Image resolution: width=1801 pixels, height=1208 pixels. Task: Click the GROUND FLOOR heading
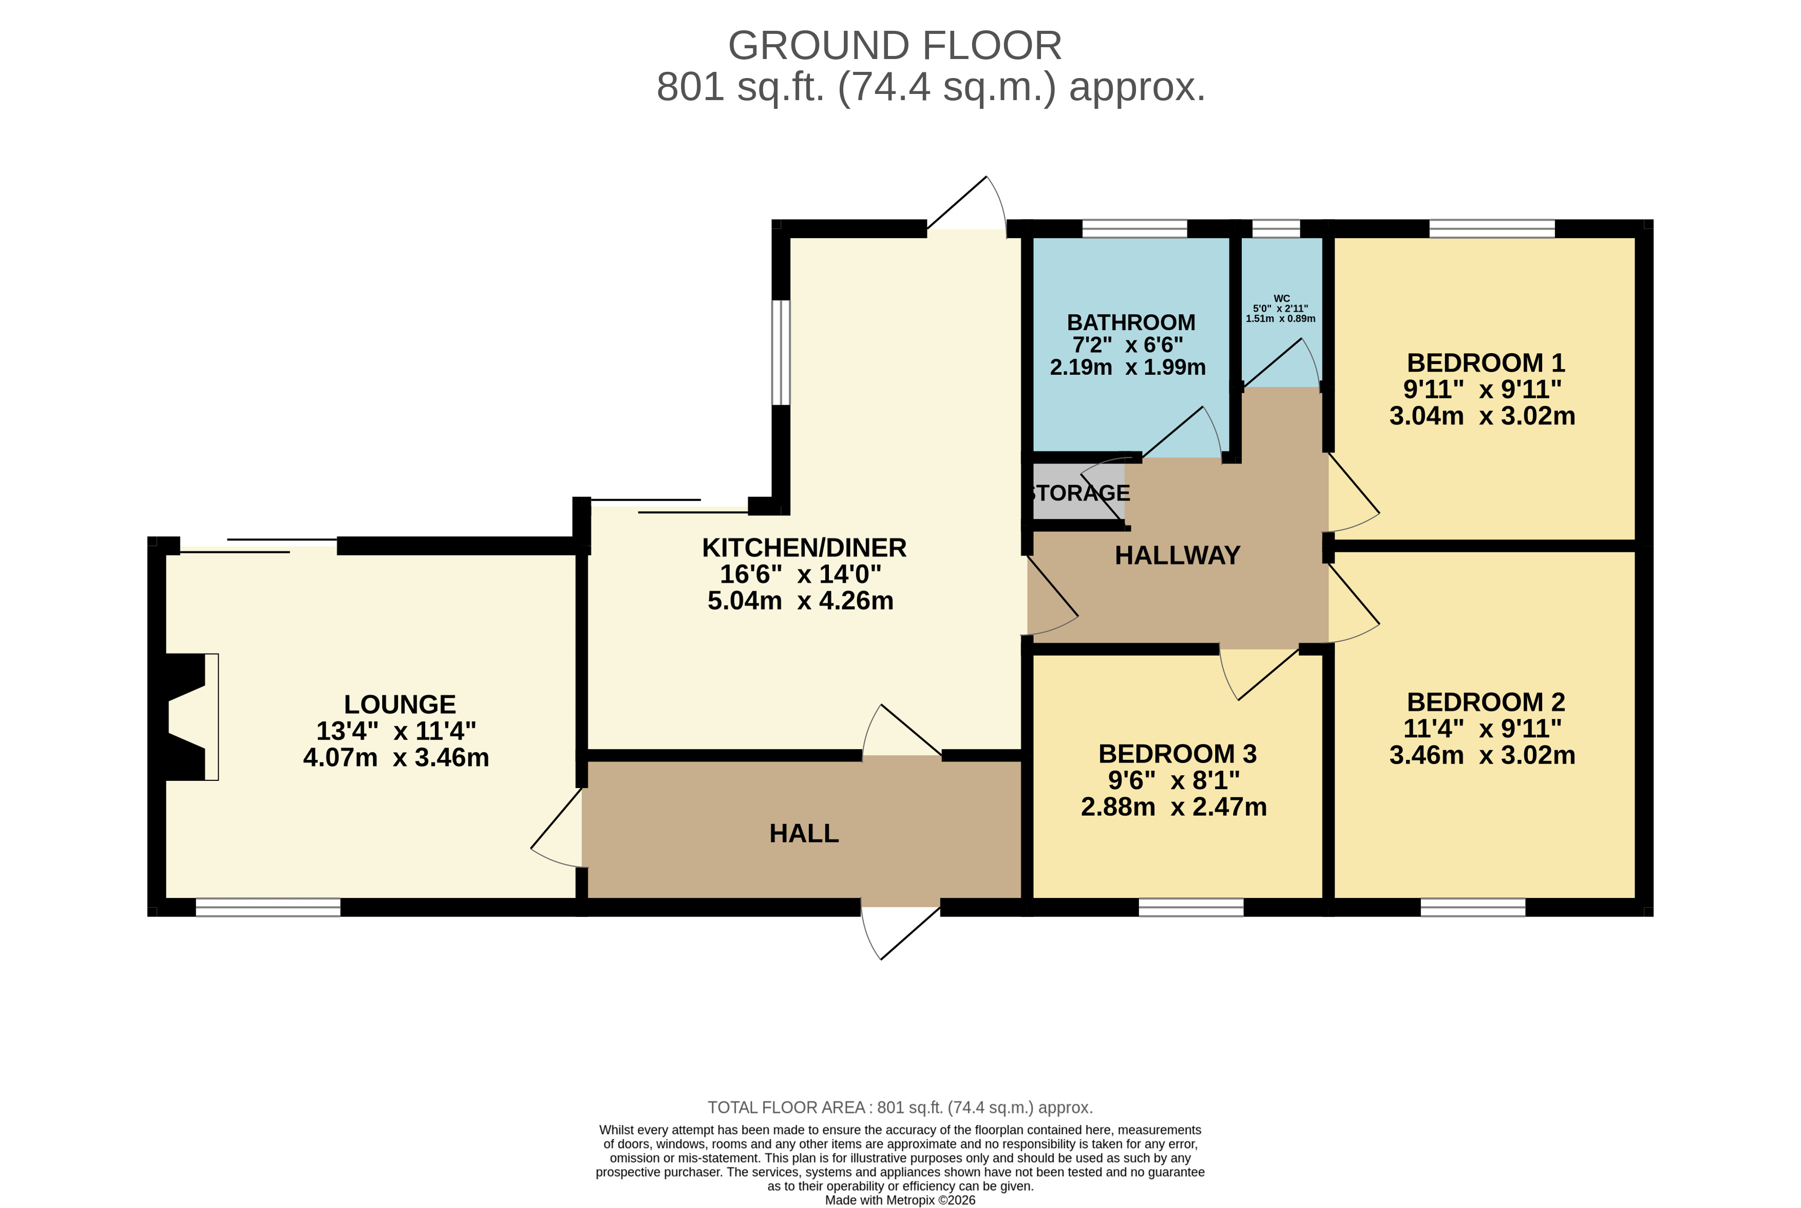894,46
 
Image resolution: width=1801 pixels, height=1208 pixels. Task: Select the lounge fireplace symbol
189,717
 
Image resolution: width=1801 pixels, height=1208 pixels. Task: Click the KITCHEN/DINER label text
803,548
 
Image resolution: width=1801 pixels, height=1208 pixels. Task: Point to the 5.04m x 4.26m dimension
800,601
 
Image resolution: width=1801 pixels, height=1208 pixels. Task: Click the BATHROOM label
1130,322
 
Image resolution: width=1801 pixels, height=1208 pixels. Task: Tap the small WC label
1281,299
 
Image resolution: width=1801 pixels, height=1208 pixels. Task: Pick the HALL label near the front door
803,834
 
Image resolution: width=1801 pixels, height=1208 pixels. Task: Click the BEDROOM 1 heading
1485,363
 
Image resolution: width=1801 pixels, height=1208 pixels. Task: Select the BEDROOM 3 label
1177,754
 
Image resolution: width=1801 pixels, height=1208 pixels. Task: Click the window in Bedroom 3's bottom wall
1190,908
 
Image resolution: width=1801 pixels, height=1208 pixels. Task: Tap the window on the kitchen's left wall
781,352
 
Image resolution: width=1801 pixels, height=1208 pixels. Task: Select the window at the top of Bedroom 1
1491,228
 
